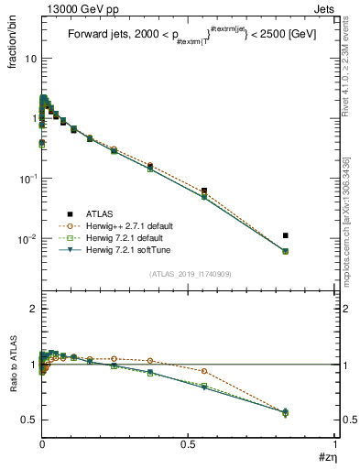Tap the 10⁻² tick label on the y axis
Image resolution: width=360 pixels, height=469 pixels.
pos(25,238)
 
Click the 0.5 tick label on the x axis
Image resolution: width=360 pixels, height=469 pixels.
pos(189,443)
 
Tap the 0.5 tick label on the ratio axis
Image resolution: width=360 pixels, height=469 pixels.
pos(27,419)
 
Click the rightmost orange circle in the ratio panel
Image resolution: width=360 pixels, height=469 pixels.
pos(286,412)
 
